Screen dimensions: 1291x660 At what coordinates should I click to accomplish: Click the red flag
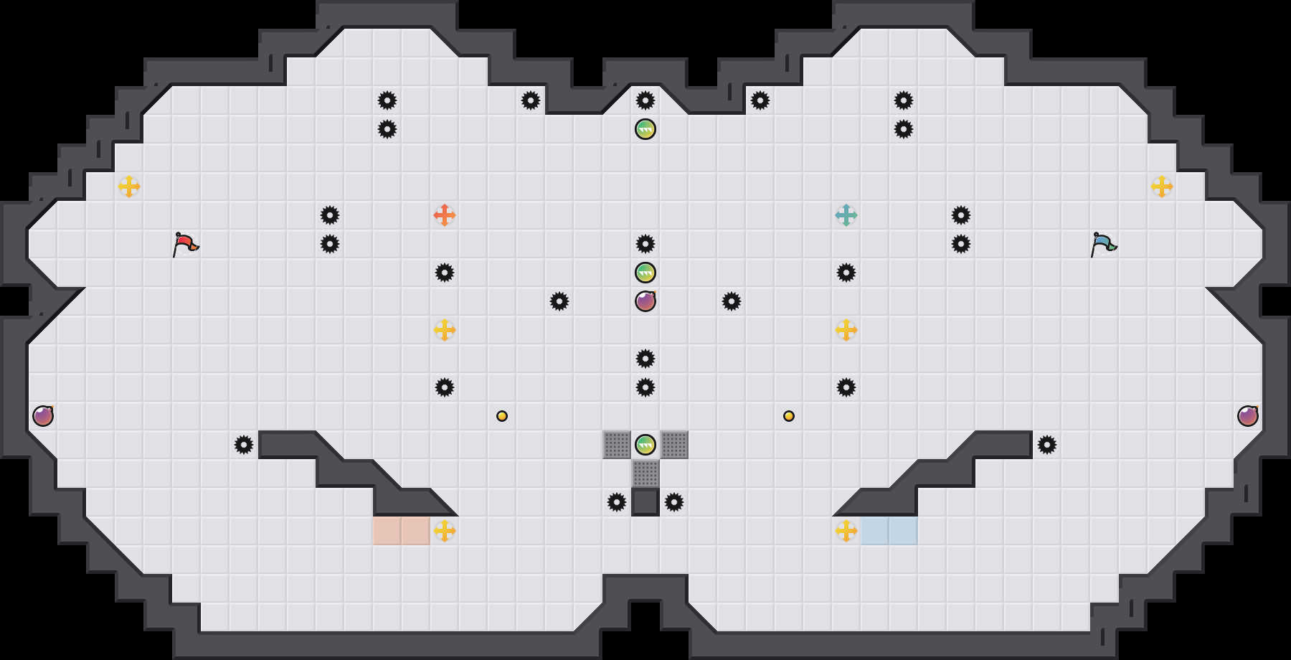(x=185, y=243)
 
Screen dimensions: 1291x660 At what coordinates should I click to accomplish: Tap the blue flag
(x=1103, y=243)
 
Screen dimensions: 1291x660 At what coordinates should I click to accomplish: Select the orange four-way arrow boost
(x=445, y=215)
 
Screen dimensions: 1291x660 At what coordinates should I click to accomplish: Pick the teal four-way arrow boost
(x=846, y=215)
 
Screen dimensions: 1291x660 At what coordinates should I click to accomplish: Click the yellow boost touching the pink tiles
(x=445, y=531)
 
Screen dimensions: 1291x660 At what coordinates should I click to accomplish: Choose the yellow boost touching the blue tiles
(x=846, y=531)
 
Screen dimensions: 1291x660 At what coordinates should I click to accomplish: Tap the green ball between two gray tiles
(x=645, y=445)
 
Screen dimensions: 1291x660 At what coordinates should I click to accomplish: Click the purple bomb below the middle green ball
(x=645, y=301)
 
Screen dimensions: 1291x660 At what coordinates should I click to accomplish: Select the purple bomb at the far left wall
(x=43, y=416)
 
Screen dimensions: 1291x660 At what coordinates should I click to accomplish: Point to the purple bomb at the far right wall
(x=1248, y=416)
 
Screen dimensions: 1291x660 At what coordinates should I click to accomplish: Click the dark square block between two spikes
(x=645, y=502)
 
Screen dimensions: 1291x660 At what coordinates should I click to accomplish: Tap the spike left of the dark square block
(x=617, y=502)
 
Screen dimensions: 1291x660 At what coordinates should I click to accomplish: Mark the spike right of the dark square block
(x=674, y=502)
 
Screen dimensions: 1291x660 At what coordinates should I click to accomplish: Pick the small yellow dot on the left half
(x=502, y=416)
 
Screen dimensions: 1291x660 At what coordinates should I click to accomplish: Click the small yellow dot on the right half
(x=789, y=416)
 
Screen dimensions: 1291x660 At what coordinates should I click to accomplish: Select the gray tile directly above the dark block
(x=645, y=473)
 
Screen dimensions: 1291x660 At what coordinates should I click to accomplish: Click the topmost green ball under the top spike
(x=645, y=129)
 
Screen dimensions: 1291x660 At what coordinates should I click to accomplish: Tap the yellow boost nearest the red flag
(x=129, y=187)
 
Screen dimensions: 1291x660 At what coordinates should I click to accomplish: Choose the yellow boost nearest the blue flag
(x=1162, y=187)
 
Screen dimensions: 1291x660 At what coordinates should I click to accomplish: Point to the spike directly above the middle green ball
(x=645, y=244)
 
